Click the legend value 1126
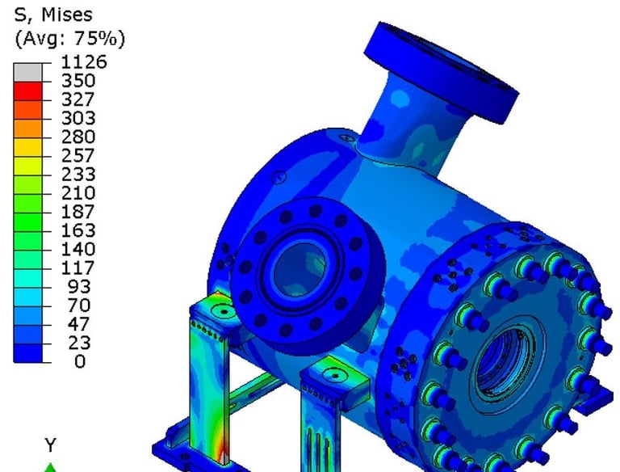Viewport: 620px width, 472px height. (83, 62)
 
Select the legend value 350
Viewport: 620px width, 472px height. (78, 81)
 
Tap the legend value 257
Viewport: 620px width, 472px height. (78, 156)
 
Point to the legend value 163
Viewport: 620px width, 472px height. (78, 230)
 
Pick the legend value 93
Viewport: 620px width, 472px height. (79, 287)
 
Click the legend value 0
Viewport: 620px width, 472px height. (80, 361)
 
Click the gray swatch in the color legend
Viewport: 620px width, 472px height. (27, 73)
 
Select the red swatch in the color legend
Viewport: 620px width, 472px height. (27, 91)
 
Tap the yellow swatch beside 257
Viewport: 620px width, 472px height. (27, 147)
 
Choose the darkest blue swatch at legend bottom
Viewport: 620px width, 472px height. (27, 353)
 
